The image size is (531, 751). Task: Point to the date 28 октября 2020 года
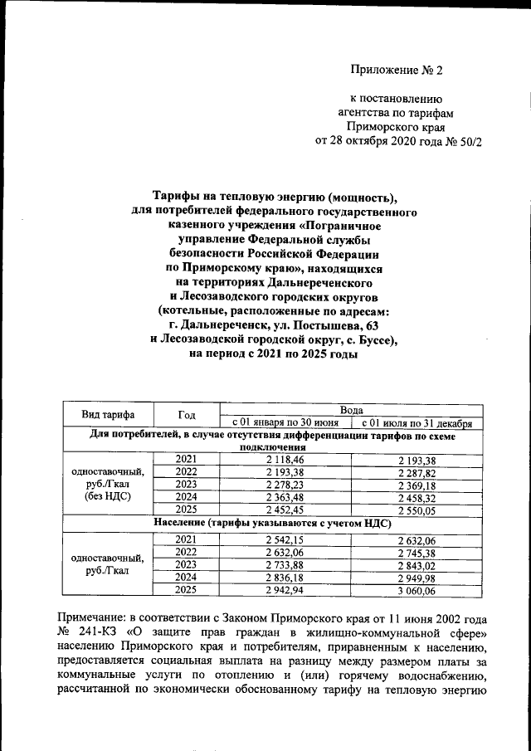[376, 141]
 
